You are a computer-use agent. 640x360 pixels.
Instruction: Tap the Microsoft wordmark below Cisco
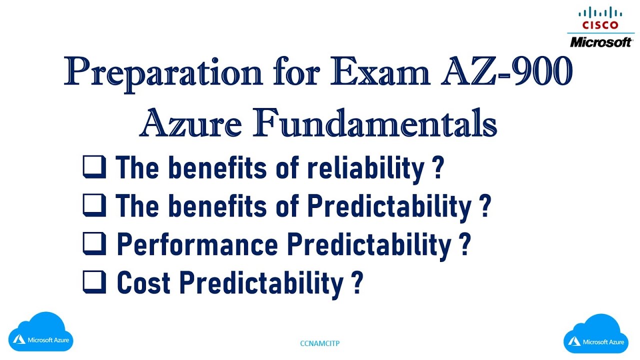(x=600, y=41)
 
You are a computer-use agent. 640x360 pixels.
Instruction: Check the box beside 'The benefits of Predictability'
(x=94, y=205)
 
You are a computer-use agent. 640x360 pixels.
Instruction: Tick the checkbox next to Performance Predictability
(x=94, y=243)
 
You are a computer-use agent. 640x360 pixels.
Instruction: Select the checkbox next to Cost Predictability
(x=94, y=282)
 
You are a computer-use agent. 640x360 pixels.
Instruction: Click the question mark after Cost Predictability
(x=356, y=283)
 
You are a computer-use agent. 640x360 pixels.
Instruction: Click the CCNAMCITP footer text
(x=320, y=343)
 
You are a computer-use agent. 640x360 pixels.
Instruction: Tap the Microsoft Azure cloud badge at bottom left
(x=43, y=333)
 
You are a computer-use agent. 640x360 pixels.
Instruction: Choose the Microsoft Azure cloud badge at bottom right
(x=596, y=335)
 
